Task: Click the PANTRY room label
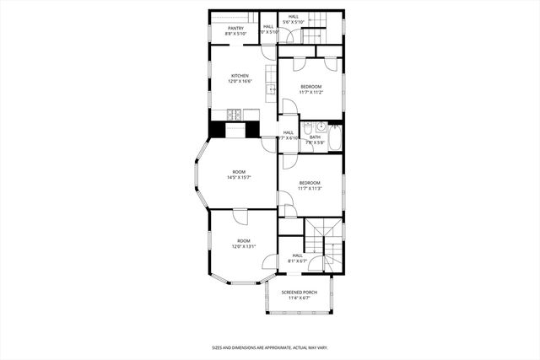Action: (x=235, y=28)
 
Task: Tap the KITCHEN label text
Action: (x=240, y=76)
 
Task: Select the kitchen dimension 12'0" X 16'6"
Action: (x=240, y=82)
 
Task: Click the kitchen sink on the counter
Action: (x=272, y=89)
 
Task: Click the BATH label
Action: (x=315, y=137)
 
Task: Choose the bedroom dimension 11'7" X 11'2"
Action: (x=311, y=93)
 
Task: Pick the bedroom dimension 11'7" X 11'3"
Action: (x=310, y=188)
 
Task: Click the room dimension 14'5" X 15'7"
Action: (x=240, y=178)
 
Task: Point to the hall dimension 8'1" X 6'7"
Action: (x=298, y=261)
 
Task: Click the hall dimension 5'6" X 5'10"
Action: (x=294, y=23)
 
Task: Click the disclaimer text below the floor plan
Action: (x=270, y=347)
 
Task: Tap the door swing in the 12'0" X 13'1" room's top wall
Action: (x=241, y=217)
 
